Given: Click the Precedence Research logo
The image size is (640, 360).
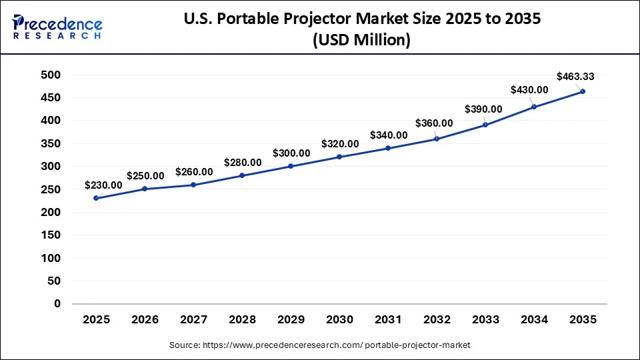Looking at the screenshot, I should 57,27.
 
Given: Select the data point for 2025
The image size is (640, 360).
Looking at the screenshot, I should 97,198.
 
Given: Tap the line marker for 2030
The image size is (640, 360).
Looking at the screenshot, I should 340,157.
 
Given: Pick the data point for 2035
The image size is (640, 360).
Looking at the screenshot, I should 583,91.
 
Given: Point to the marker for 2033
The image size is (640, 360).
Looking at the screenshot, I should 485,125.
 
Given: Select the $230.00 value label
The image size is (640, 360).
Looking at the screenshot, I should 103,185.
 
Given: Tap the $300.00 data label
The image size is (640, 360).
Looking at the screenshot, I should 291,153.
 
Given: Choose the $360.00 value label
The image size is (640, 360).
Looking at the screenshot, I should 434,123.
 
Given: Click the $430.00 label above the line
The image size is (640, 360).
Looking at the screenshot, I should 529,90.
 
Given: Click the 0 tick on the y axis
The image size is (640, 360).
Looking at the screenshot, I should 57,303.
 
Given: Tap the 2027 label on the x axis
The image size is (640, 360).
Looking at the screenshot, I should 194,321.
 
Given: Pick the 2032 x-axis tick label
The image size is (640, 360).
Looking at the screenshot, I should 437,321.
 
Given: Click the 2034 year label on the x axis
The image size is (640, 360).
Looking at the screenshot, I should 534,321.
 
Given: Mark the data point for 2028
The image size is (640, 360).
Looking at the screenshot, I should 242,175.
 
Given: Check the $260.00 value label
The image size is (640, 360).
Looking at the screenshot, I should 194,172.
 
